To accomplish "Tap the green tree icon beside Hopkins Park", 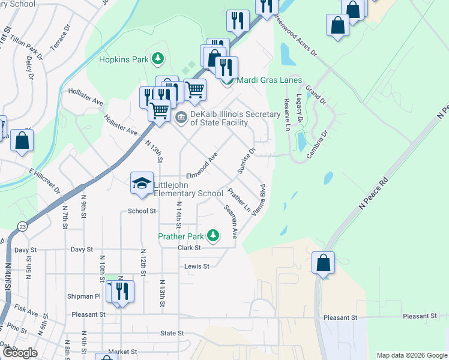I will click(157, 59).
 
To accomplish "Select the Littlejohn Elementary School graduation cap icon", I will click(142, 183).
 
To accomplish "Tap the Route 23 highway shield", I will click(22, 226).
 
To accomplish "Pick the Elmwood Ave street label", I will click(202, 165).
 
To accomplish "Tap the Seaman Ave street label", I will click(231, 223).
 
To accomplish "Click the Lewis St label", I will click(197, 266).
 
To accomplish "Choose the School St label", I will click(142, 211).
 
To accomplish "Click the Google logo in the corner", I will click(20, 353).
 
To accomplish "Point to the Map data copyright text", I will click(412, 355).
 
